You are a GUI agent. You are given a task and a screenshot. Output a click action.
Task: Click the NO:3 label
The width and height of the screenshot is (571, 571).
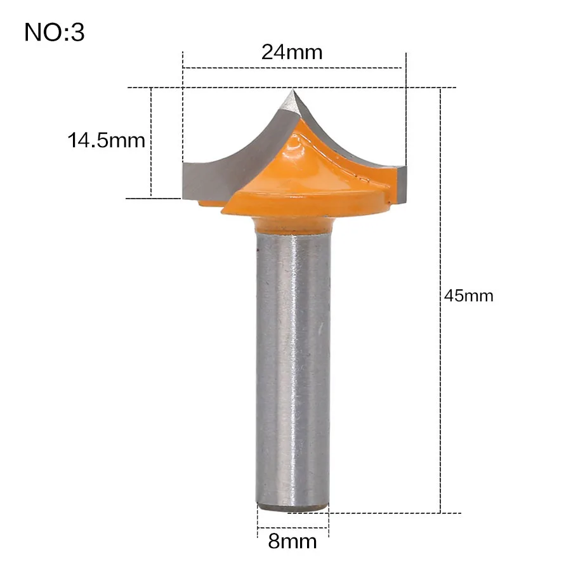coord(55,32)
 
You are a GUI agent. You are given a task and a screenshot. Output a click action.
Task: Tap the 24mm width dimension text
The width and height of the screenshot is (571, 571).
coord(292,52)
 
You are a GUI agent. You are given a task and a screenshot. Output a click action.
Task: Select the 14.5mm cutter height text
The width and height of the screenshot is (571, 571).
coord(107,140)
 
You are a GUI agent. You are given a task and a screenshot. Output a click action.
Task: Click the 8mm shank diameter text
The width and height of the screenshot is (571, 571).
coord(293,542)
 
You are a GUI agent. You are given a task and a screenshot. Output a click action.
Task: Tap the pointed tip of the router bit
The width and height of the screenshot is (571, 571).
coord(291,93)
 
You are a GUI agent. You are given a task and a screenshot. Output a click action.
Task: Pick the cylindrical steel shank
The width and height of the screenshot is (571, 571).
coord(292,368)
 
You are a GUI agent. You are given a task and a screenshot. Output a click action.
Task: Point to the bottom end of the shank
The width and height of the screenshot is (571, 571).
coord(293,507)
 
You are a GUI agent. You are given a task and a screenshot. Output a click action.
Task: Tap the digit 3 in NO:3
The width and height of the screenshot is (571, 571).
coord(77,32)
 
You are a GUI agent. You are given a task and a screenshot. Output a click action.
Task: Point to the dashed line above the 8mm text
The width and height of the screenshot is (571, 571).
coord(293,527)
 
